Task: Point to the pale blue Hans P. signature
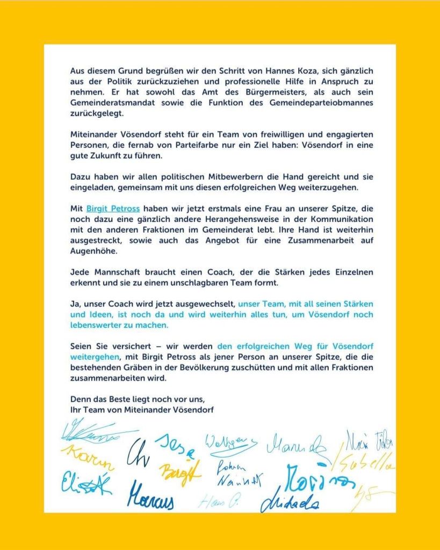[218, 502]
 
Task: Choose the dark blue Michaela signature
[291, 501]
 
